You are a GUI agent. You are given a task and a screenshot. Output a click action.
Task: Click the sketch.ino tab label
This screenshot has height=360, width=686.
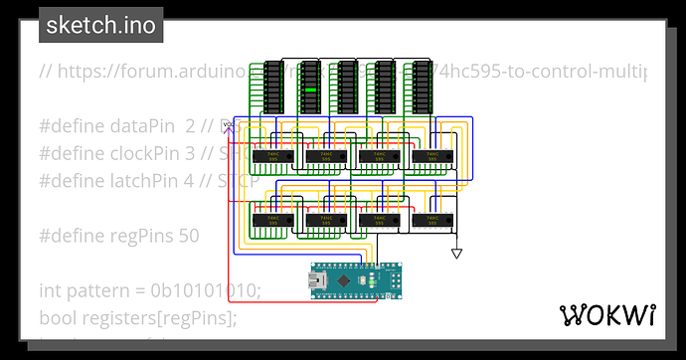click(101, 26)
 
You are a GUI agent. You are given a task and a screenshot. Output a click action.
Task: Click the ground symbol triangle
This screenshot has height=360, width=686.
click(456, 254)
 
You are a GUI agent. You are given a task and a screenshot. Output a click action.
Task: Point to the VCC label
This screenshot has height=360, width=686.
click(229, 124)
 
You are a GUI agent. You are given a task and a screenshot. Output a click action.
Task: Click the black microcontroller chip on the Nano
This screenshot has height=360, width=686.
click(343, 281)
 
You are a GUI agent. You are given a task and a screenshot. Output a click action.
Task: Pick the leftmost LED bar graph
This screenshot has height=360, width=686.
click(273, 86)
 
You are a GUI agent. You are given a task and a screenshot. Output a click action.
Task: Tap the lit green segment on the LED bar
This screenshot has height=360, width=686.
click(311, 91)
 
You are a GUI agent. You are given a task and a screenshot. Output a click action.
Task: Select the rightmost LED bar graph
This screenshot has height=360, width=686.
click(423, 86)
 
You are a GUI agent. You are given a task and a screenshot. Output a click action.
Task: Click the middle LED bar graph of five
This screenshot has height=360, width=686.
click(348, 86)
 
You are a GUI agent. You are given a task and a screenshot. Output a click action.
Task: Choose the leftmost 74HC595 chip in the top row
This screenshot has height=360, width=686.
click(271, 156)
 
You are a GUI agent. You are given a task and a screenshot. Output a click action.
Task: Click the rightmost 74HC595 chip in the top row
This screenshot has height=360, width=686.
click(430, 156)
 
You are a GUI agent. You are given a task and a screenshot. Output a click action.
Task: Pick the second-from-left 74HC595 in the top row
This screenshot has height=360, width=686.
click(324, 156)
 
